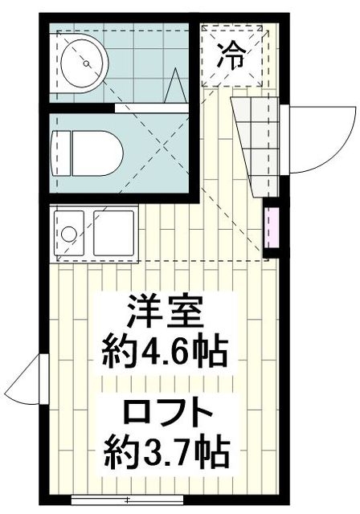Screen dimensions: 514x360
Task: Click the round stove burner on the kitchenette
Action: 70,235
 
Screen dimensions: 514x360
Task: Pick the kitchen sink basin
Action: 112,232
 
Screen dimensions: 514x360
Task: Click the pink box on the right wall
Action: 272,227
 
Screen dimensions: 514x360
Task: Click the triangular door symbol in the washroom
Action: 177,88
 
